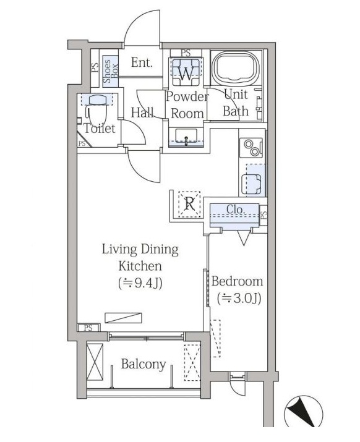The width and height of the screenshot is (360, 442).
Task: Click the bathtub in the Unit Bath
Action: tap(236, 68)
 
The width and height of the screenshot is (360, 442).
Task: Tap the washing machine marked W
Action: tap(186, 72)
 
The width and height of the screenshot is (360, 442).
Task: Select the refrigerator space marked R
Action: tap(189, 204)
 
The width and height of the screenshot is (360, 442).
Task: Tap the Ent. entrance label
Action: tap(142, 62)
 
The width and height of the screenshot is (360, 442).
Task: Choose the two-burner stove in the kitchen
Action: tap(251, 147)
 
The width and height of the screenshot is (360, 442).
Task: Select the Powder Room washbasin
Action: tap(186, 137)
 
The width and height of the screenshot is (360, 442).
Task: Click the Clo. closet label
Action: tap(236, 210)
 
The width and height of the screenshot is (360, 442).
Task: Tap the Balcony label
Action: tap(144, 364)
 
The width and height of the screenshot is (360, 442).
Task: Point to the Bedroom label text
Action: tap(237, 282)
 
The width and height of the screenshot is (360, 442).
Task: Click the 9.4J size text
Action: tap(140, 283)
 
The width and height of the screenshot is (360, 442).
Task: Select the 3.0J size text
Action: tap(239, 299)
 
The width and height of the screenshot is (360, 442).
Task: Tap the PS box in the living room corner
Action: tap(88, 328)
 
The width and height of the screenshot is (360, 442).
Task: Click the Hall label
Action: tap(142, 113)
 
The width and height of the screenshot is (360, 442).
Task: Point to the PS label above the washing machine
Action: tap(186, 53)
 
